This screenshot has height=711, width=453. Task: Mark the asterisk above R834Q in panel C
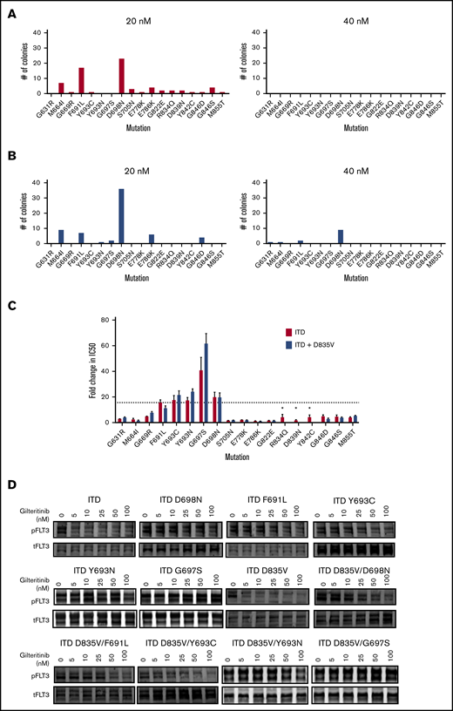281,408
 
